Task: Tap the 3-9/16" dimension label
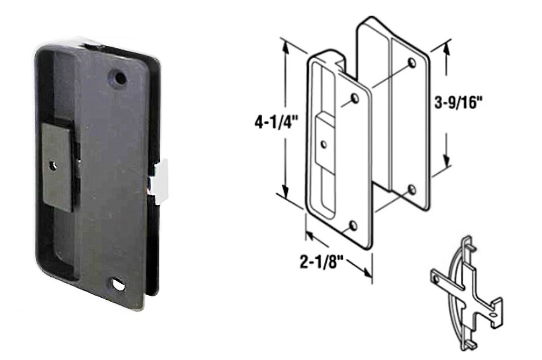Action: tap(458, 103)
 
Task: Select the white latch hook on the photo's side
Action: tap(160, 182)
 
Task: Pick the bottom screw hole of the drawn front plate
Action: tap(353, 226)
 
